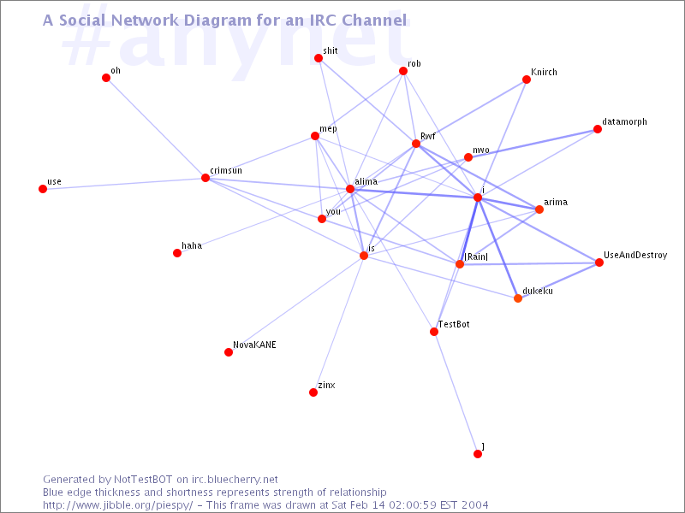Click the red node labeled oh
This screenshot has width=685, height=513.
coord(106,78)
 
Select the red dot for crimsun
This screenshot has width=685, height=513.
coord(205,178)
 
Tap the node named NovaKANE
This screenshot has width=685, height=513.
coord(229,352)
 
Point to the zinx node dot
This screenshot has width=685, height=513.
coord(313,392)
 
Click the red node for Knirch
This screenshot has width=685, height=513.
coord(527,80)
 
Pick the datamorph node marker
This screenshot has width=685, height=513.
coord(598,130)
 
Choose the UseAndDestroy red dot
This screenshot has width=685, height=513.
coord(599,262)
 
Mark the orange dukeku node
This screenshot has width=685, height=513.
coord(518,298)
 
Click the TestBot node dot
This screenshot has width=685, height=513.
coord(434,332)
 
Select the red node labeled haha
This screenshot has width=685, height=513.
coord(177,253)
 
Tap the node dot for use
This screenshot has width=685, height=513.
coord(43,189)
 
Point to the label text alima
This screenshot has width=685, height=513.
coord(366,181)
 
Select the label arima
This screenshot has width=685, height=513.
coord(556,203)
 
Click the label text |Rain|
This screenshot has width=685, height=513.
coord(475,256)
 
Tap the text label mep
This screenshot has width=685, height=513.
coord(328,129)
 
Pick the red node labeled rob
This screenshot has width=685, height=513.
coord(403,72)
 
